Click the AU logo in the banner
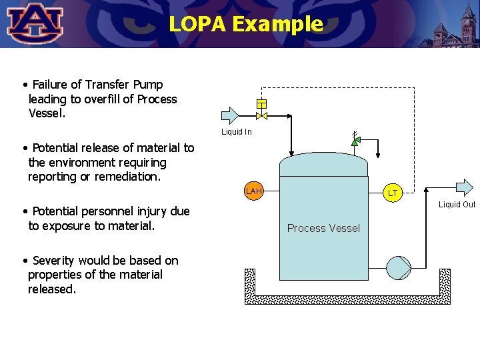point(35,23)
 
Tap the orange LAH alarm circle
point(253,192)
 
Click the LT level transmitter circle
point(393,193)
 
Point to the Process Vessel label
point(323,228)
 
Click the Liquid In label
point(237,132)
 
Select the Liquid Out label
point(457,205)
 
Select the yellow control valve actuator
point(262,103)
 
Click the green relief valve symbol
point(355,141)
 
